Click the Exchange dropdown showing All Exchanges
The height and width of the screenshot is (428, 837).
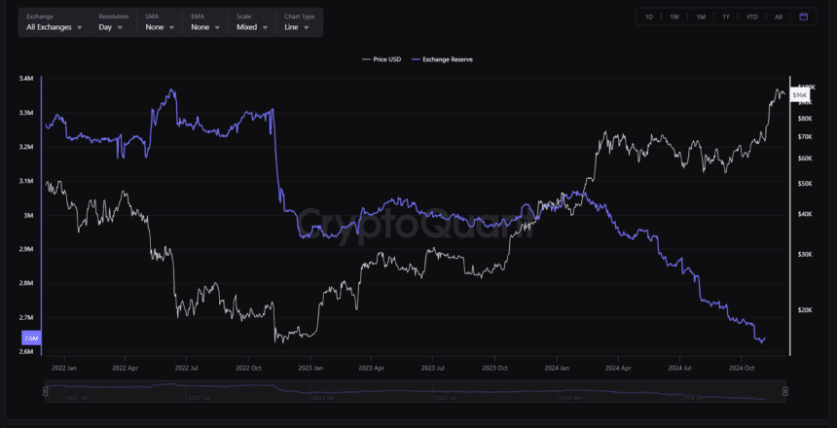point(53,27)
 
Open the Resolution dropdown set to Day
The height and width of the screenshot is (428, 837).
point(111,27)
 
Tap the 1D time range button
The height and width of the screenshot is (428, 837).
point(649,17)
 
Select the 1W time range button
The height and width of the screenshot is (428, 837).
point(674,17)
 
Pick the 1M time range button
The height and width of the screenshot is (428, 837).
point(701,17)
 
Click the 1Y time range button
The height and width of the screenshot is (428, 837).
point(726,17)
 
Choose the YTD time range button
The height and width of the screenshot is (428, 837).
point(752,17)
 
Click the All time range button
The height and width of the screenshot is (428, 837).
point(779,17)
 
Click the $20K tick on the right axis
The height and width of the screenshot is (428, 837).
point(805,310)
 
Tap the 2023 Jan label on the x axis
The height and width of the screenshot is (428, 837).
point(311,370)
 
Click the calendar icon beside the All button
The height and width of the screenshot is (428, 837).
point(804,17)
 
